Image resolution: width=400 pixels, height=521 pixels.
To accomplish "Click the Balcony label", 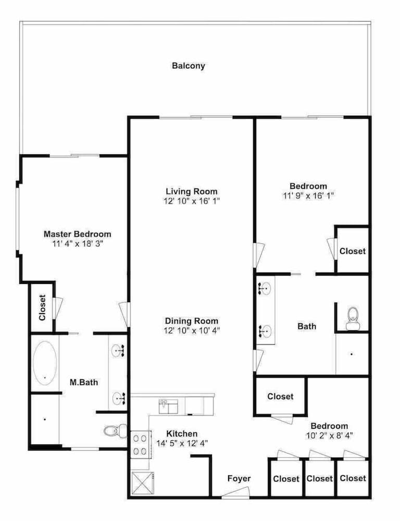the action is point(189,66).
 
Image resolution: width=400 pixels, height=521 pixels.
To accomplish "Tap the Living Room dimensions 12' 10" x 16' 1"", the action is point(192,201).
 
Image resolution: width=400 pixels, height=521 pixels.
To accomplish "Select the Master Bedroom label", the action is point(78,234).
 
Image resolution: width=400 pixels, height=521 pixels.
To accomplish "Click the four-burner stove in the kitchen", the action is point(140,444).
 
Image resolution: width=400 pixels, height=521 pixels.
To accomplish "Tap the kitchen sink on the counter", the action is point(168,406).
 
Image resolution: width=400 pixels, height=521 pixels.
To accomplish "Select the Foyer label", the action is point(239,478).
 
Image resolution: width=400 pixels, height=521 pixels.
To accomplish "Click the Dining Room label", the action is point(192,321).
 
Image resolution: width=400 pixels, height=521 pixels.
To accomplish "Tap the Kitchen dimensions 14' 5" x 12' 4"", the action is point(182,443).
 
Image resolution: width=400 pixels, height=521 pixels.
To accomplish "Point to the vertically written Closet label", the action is point(42,308).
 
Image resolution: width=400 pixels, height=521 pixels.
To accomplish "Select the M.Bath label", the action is point(84,382).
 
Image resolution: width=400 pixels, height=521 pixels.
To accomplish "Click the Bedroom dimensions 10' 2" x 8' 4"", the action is point(329,435).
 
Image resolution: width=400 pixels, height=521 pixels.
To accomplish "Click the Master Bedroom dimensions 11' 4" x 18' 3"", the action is point(78,243).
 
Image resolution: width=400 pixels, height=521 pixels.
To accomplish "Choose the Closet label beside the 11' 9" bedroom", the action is point(353,251).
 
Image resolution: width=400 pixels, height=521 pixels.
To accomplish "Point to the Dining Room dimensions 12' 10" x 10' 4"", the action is point(192,331).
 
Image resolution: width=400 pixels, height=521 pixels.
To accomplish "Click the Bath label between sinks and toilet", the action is point(307,326).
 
